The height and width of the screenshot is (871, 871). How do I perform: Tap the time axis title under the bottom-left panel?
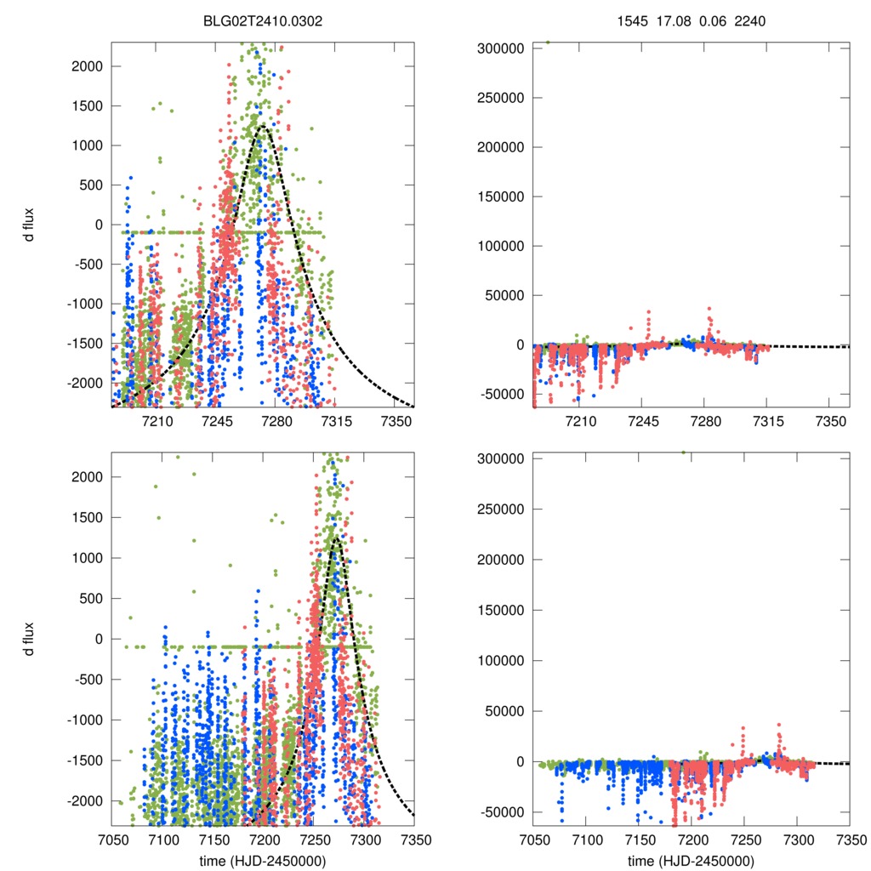point(263,861)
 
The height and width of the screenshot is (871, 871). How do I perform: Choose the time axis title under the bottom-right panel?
point(691,861)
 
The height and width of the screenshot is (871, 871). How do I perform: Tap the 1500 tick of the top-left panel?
point(87,106)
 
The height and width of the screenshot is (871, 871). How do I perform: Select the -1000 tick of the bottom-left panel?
point(84,720)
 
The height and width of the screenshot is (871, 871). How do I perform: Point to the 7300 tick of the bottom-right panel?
point(797,838)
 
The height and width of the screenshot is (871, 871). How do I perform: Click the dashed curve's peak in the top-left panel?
point(263,126)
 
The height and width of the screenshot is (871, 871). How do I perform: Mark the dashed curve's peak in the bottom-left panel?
point(337,538)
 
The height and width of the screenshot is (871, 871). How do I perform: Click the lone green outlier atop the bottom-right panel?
point(683,453)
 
